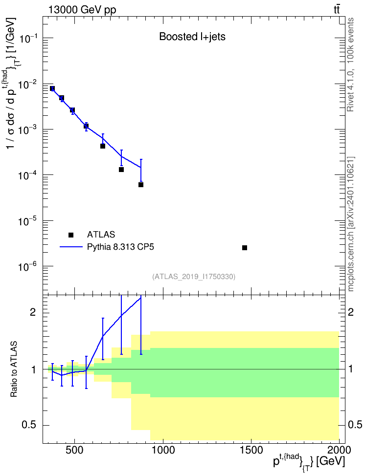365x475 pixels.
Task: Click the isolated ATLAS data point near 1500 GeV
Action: pyautogui.click(x=245, y=248)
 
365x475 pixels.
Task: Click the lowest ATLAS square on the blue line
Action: pyautogui.click(x=141, y=185)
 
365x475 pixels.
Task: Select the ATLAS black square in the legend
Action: pyautogui.click(x=71, y=235)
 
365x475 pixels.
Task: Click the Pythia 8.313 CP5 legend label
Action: pyautogui.click(x=120, y=247)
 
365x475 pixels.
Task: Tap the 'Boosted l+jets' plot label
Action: pyautogui.click(x=192, y=37)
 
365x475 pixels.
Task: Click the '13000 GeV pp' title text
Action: pyautogui.click(x=82, y=10)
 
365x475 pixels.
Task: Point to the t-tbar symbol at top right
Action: pyautogui.click(x=337, y=9)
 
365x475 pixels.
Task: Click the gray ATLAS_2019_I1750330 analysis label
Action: pyautogui.click(x=194, y=276)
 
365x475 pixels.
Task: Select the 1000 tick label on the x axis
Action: pyautogui.click(x=163, y=450)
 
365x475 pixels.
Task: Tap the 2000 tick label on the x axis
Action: pyautogui.click(x=339, y=450)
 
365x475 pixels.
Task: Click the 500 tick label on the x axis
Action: pyautogui.click(x=74, y=450)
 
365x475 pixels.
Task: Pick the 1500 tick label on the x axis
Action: pyautogui.click(x=251, y=450)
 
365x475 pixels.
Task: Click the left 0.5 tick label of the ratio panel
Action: pyautogui.click(x=29, y=425)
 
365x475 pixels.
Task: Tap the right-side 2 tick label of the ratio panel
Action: pyautogui.click(x=351, y=312)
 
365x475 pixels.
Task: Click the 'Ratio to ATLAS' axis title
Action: pyautogui.click(x=14, y=369)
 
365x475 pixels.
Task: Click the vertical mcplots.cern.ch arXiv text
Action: pyautogui.click(x=350, y=224)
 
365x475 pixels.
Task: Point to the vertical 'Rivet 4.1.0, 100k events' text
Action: pyautogui.click(x=350, y=65)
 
